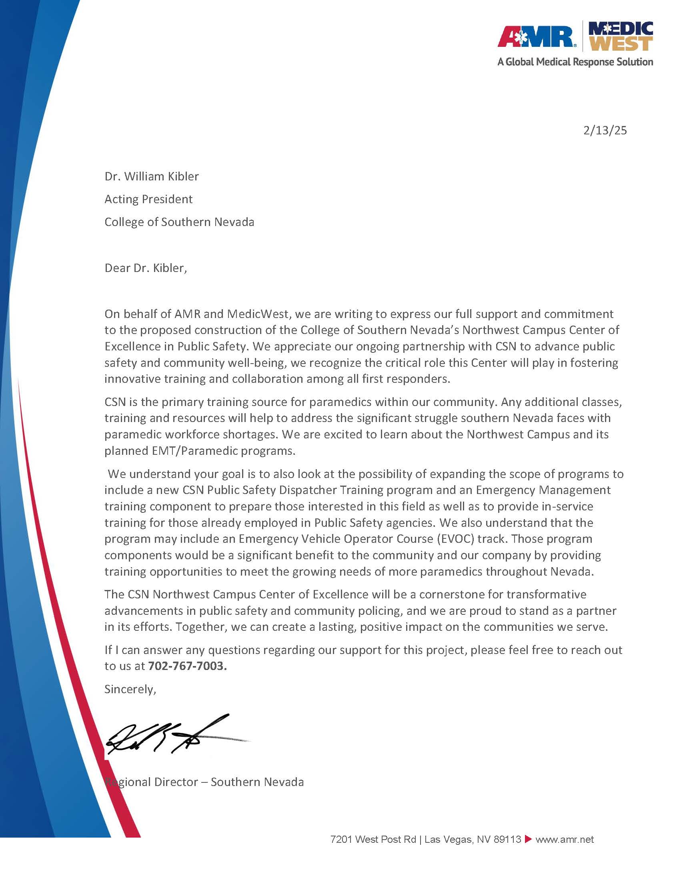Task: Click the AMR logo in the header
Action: click(x=536, y=37)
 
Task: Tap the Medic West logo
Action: click(x=621, y=37)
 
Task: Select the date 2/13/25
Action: click(x=605, y=130)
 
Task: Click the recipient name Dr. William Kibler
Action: click(x=152, y=176)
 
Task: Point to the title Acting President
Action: click(x=148, y=199)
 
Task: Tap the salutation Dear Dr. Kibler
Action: click(x=146, y=268)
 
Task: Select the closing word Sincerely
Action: click(x=130, y=689)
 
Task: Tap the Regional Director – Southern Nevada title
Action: click(x=204, y=782)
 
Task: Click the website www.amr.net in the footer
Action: click(x=565, y=839)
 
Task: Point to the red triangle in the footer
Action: click(x=528, y=839)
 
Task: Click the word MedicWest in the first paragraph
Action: click(x=258, y=314)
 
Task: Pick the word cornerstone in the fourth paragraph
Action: click(x=461, y=594)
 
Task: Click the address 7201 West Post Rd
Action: click(x=373, y=839)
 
